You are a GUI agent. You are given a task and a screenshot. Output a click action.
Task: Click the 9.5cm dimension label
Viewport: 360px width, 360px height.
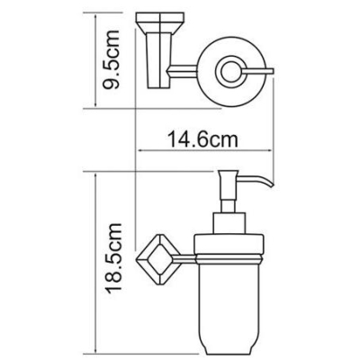(111, 59)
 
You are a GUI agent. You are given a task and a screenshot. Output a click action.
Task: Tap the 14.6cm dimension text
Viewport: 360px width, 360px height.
(202, 139)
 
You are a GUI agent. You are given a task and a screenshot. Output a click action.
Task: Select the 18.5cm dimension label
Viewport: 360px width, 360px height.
(113, 256)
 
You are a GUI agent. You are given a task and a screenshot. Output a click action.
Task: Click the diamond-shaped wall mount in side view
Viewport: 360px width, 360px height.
(158, 259)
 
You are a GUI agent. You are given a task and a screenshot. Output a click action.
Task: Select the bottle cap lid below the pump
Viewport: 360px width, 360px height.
(229, 245)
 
